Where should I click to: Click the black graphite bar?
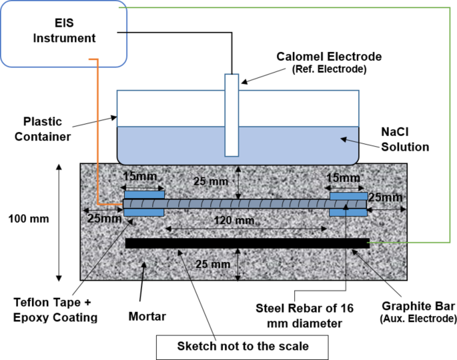tap(247, 243)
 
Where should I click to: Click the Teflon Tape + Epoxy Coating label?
tap(55, 311)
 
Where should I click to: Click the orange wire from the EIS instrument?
tap(97, 133)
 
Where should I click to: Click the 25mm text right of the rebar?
tap(386, 198)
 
